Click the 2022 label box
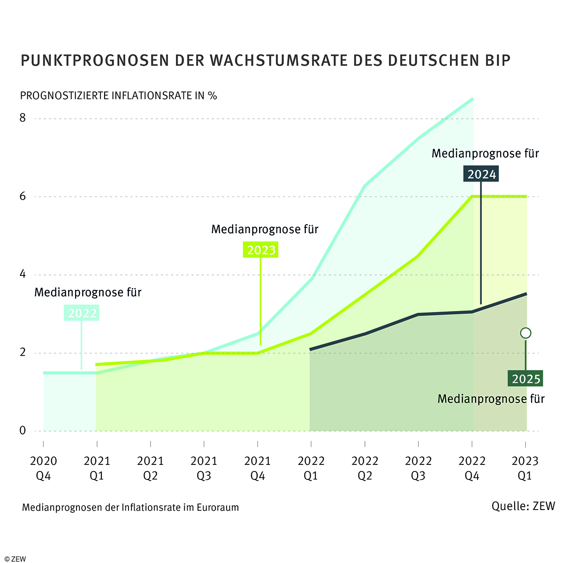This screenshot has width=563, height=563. coord(82,313)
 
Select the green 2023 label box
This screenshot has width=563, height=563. coord(261,250)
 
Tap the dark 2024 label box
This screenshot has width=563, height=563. coord(481,175)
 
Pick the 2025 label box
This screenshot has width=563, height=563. coord(526,379)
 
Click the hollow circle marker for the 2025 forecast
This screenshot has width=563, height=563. coord(525,333)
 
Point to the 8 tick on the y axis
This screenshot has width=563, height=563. coord(23,118)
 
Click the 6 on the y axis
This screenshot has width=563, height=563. coord(23,197)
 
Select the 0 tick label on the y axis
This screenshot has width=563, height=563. coord(23,431)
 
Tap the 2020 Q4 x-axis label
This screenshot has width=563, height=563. coord(43,468)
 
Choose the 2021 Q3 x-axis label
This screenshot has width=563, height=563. coord(204,468)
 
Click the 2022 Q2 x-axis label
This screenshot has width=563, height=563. coord(365,468)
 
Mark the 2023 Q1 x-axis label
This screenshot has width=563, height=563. coord(525,468)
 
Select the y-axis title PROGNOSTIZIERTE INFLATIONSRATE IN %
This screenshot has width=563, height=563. coord(118,96)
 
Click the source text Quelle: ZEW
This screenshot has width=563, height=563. coord(523,506)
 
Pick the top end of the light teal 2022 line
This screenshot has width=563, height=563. coord(472,99)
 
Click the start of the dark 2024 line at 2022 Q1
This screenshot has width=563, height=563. coord(311,350)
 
